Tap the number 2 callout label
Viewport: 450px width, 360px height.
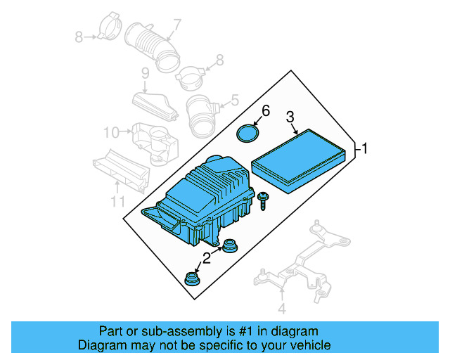206,258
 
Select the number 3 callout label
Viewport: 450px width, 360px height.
290,117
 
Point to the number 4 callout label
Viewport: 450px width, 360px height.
282,308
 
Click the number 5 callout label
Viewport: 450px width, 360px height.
235,99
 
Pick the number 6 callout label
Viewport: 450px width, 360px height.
266,110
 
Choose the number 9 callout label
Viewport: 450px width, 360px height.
145,74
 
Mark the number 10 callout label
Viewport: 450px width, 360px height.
111,131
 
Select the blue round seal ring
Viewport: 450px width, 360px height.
245,133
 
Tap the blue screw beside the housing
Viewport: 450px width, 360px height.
264,200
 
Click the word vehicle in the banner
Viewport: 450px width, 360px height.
308,345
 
